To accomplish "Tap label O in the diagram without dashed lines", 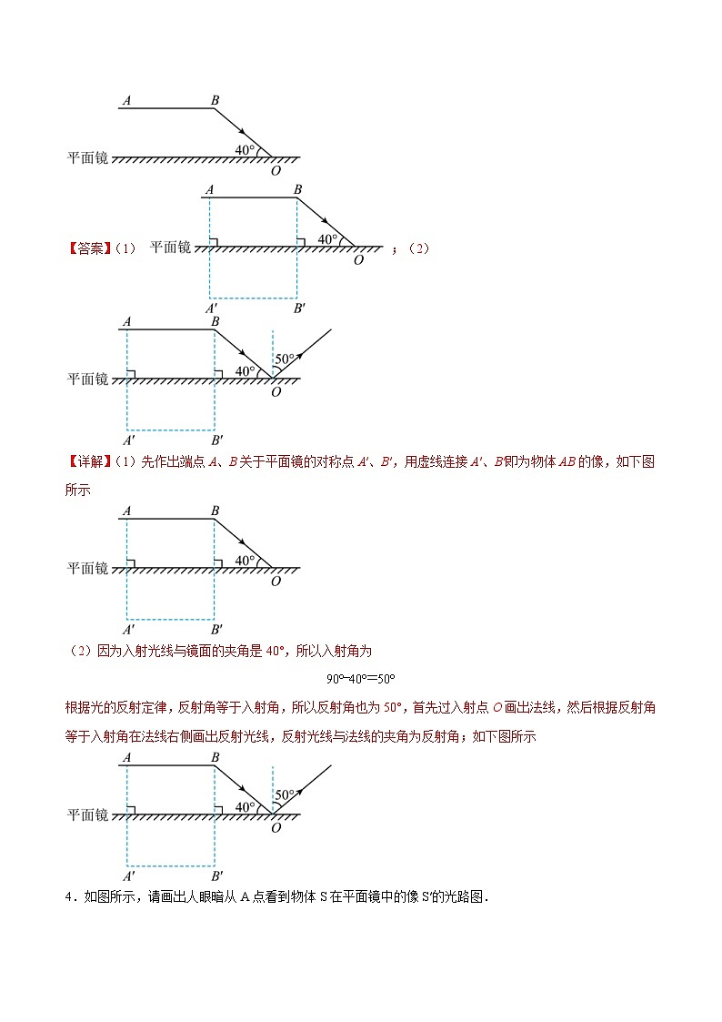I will (276, 170).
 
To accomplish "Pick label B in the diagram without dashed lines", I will (215, 101).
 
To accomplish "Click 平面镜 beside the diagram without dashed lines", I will (87, 157).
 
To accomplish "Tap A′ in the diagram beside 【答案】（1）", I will (210, 309).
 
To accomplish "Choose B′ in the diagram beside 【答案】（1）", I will (299, 309).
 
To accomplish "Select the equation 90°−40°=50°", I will (361, 679).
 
